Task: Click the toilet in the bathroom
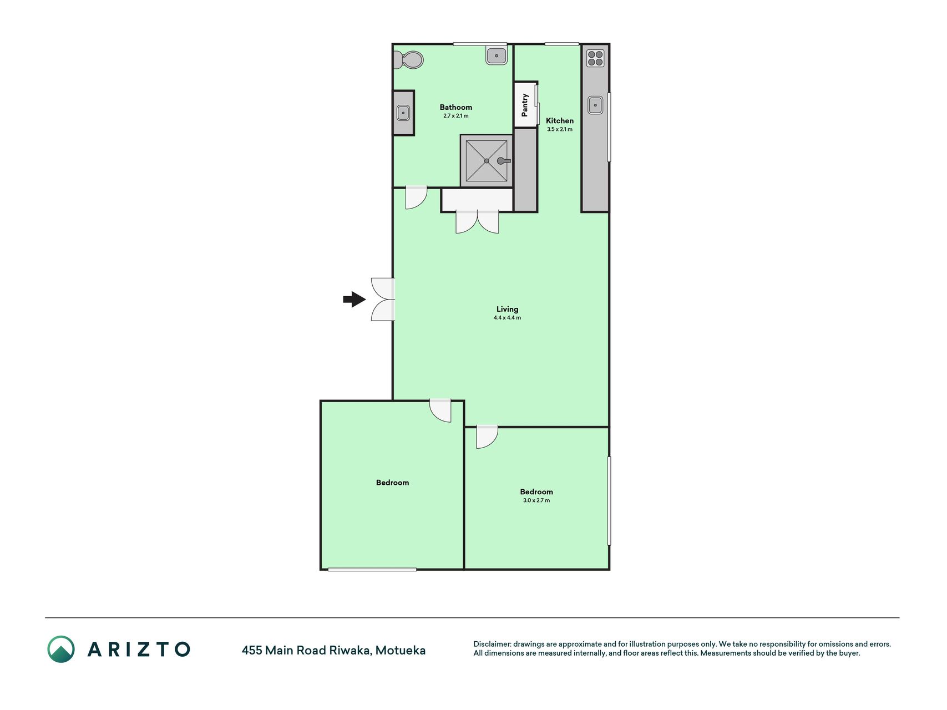click(409, 60)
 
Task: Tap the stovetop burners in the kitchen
click(595, 58)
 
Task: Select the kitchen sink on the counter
click(595, 105)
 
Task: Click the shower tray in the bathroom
click(487, 161)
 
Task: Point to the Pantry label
click(525, 105)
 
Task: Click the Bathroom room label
click(456, 107)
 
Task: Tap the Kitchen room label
click(560, 120)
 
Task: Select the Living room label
click(507, 309)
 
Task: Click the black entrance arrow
click(355, 300)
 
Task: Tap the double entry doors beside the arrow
click(383, 300)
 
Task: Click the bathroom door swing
click(416, 197)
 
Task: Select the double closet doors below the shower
click(477, 222)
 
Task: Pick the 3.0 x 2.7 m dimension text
click(536, 500)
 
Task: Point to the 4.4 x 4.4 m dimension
click(507, 318)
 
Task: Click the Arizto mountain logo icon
click(61, 649)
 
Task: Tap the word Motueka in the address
click(401, 650)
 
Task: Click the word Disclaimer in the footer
click(492, 644)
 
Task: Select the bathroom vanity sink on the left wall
click(403, 113)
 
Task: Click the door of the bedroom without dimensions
click(440, 410)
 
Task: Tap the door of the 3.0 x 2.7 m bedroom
click(487, 437)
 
